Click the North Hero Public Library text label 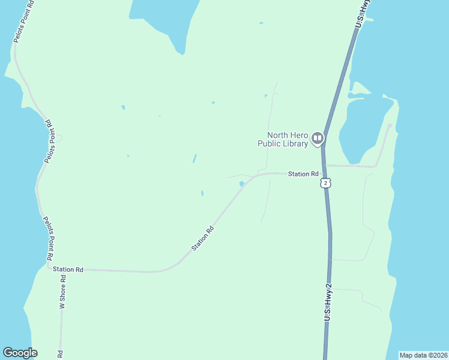coord(283,139)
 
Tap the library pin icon coord(318,139)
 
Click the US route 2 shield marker coord(325,182)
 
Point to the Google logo coord(20,353)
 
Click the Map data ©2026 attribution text coord(423,355)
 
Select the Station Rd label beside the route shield coord(303,174)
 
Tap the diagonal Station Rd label coord(203,238)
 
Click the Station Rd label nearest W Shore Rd coord(68,270)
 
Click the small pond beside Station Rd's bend coord(241,184)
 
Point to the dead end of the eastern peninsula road coord(390,125)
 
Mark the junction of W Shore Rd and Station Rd coord(61,270)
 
